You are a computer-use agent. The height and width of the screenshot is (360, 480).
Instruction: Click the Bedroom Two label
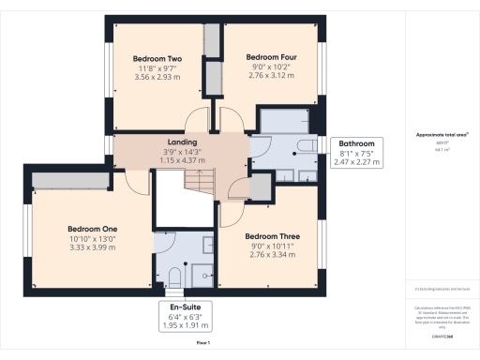coord(157,57)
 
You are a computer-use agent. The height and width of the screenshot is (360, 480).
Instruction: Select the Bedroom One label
coord(92,229)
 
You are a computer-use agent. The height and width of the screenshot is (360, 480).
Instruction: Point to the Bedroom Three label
coord(270,236)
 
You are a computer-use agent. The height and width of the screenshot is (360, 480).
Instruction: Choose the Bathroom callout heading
coord(356,144)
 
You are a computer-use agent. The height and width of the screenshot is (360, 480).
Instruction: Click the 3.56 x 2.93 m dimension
coord(157,78)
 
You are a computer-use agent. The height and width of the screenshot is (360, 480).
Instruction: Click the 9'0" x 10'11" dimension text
coord(270,247)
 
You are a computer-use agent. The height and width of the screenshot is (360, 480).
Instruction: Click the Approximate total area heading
coord(442,134)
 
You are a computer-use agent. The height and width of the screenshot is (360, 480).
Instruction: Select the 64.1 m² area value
coord(442,147)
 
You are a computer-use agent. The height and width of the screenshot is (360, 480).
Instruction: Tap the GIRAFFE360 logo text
coord(442,322)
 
